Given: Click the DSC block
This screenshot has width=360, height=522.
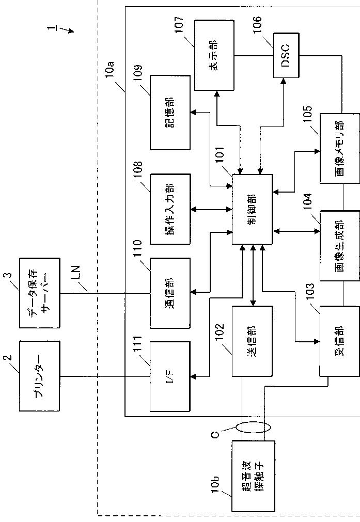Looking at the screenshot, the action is [286, 55].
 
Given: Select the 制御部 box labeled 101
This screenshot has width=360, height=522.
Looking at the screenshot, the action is [253, 209].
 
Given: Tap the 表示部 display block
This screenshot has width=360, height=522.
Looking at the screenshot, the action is [214, 55].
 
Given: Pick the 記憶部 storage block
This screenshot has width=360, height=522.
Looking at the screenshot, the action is [170, 112].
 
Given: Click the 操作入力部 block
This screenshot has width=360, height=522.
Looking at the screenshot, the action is [170, 209].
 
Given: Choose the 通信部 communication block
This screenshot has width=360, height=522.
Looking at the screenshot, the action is [170, 293].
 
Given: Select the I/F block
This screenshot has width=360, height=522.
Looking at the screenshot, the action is [170, 376].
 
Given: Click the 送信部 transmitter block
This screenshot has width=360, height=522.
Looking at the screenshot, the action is [253, 341].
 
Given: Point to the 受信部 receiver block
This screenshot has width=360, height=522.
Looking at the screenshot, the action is [340, 341].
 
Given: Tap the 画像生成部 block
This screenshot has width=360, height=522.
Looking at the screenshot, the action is [340, 246].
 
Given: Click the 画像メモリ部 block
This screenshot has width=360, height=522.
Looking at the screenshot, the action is [340, 149].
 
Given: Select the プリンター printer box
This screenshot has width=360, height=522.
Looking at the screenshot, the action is [40, 376].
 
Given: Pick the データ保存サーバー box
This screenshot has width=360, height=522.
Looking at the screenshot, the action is [40, 293].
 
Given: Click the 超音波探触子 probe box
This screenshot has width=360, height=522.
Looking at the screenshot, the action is [254, 476].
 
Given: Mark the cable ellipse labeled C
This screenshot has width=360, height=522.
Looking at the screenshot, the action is [253, 427].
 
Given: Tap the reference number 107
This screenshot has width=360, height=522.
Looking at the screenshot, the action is [179, 25].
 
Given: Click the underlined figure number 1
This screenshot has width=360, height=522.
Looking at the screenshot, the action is [51, 28].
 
